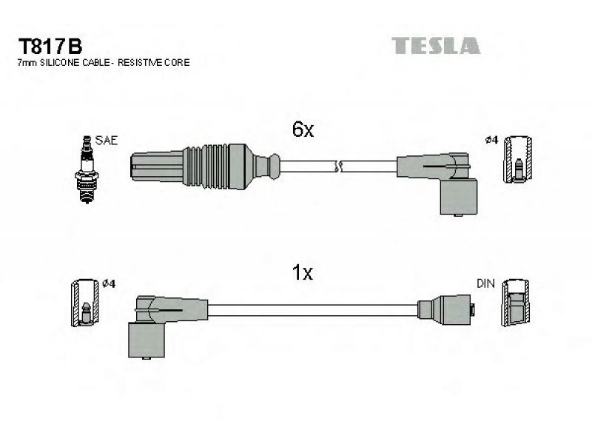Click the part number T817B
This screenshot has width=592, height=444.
50,47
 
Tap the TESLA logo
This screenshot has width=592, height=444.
436,46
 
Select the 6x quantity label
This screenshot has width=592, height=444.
303,129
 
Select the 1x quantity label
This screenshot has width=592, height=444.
303,272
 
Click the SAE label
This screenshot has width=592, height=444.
107,141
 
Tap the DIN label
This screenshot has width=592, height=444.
485,283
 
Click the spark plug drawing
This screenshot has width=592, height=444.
87,169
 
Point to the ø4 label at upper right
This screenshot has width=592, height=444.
491,141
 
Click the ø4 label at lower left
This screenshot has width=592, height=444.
109,283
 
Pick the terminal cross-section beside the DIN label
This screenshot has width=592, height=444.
515,303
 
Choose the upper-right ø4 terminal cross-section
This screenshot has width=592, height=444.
518,159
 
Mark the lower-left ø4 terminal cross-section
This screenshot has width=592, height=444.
85,303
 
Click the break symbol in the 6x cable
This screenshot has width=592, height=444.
339,166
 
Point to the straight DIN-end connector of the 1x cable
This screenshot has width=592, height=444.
446,309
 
